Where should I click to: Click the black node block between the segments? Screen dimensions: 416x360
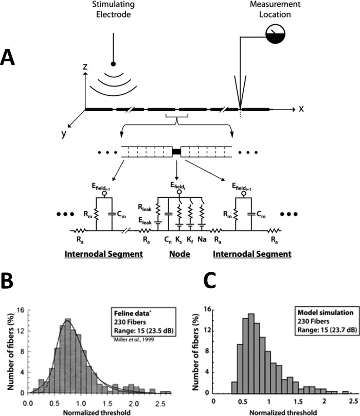176,151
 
